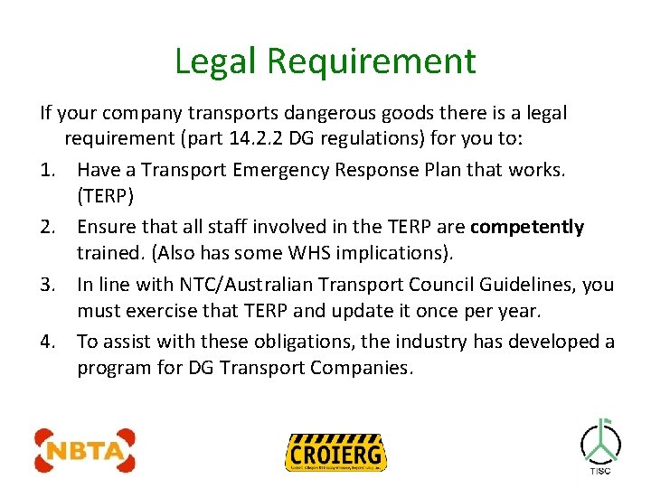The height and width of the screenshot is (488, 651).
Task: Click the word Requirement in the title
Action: (372, 61)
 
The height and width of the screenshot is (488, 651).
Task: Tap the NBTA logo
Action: (85, 449)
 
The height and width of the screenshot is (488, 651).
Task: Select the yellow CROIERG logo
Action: (335, 451)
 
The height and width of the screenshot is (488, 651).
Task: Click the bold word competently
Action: (527, 227)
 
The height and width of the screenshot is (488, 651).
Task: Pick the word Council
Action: (416, 285)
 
